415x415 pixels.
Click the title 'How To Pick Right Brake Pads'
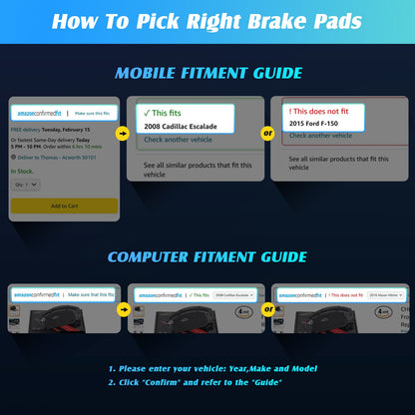tap(207, 21)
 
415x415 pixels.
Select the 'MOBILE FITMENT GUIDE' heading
tap(207, 73)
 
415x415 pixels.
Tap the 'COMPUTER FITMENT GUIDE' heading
tap(207, 256)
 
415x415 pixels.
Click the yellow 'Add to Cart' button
tap(64, 206)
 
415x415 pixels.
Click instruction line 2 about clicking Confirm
tap(195, 382)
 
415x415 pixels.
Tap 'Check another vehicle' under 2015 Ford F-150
tap(320, 136)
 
